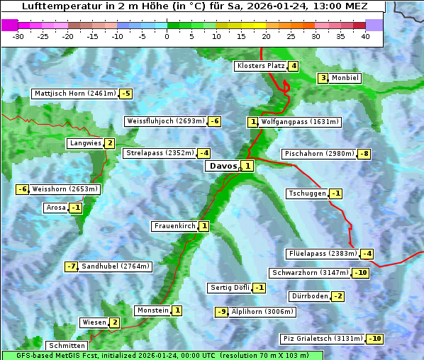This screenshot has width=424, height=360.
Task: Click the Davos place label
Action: point(222,166)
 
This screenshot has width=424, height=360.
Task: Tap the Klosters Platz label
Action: point(260,67)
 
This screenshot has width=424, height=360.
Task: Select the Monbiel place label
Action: point(345,78)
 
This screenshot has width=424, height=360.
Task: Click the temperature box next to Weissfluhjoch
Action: point(214,121)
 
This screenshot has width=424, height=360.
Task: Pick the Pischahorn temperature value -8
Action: point(364,154)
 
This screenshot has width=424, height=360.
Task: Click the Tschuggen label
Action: point(307,193)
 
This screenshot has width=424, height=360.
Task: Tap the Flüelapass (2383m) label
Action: point(322,254)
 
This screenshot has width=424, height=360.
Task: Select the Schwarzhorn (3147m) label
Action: point(311,273)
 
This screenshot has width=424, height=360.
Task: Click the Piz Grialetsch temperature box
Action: point(374,339)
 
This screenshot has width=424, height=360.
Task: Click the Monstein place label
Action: point(152,310)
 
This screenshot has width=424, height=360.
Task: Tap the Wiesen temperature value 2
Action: point(114,322)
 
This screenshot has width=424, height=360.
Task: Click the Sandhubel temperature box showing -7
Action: point(71,266)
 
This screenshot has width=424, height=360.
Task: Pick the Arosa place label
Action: point(55,208)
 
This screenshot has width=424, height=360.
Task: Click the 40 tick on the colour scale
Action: point(364,36)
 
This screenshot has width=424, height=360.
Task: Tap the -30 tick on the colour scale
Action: point(18,36)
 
